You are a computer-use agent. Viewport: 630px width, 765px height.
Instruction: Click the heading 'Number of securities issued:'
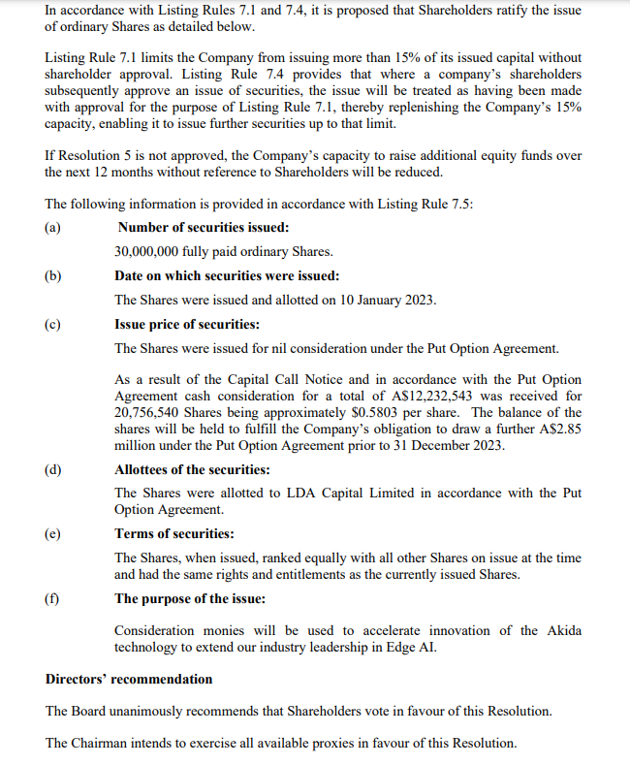pos(202,227)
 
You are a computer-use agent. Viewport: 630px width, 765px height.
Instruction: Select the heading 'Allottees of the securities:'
pos(192,470)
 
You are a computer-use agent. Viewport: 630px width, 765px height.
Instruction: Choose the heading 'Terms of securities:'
pos(174,533)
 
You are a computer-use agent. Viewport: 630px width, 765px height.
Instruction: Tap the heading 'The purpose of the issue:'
pos(190,598)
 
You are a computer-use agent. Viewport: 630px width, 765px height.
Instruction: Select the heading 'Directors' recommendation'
pos(129,679)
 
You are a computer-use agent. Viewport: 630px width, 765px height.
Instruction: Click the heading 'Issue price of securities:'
pos(187,324)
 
